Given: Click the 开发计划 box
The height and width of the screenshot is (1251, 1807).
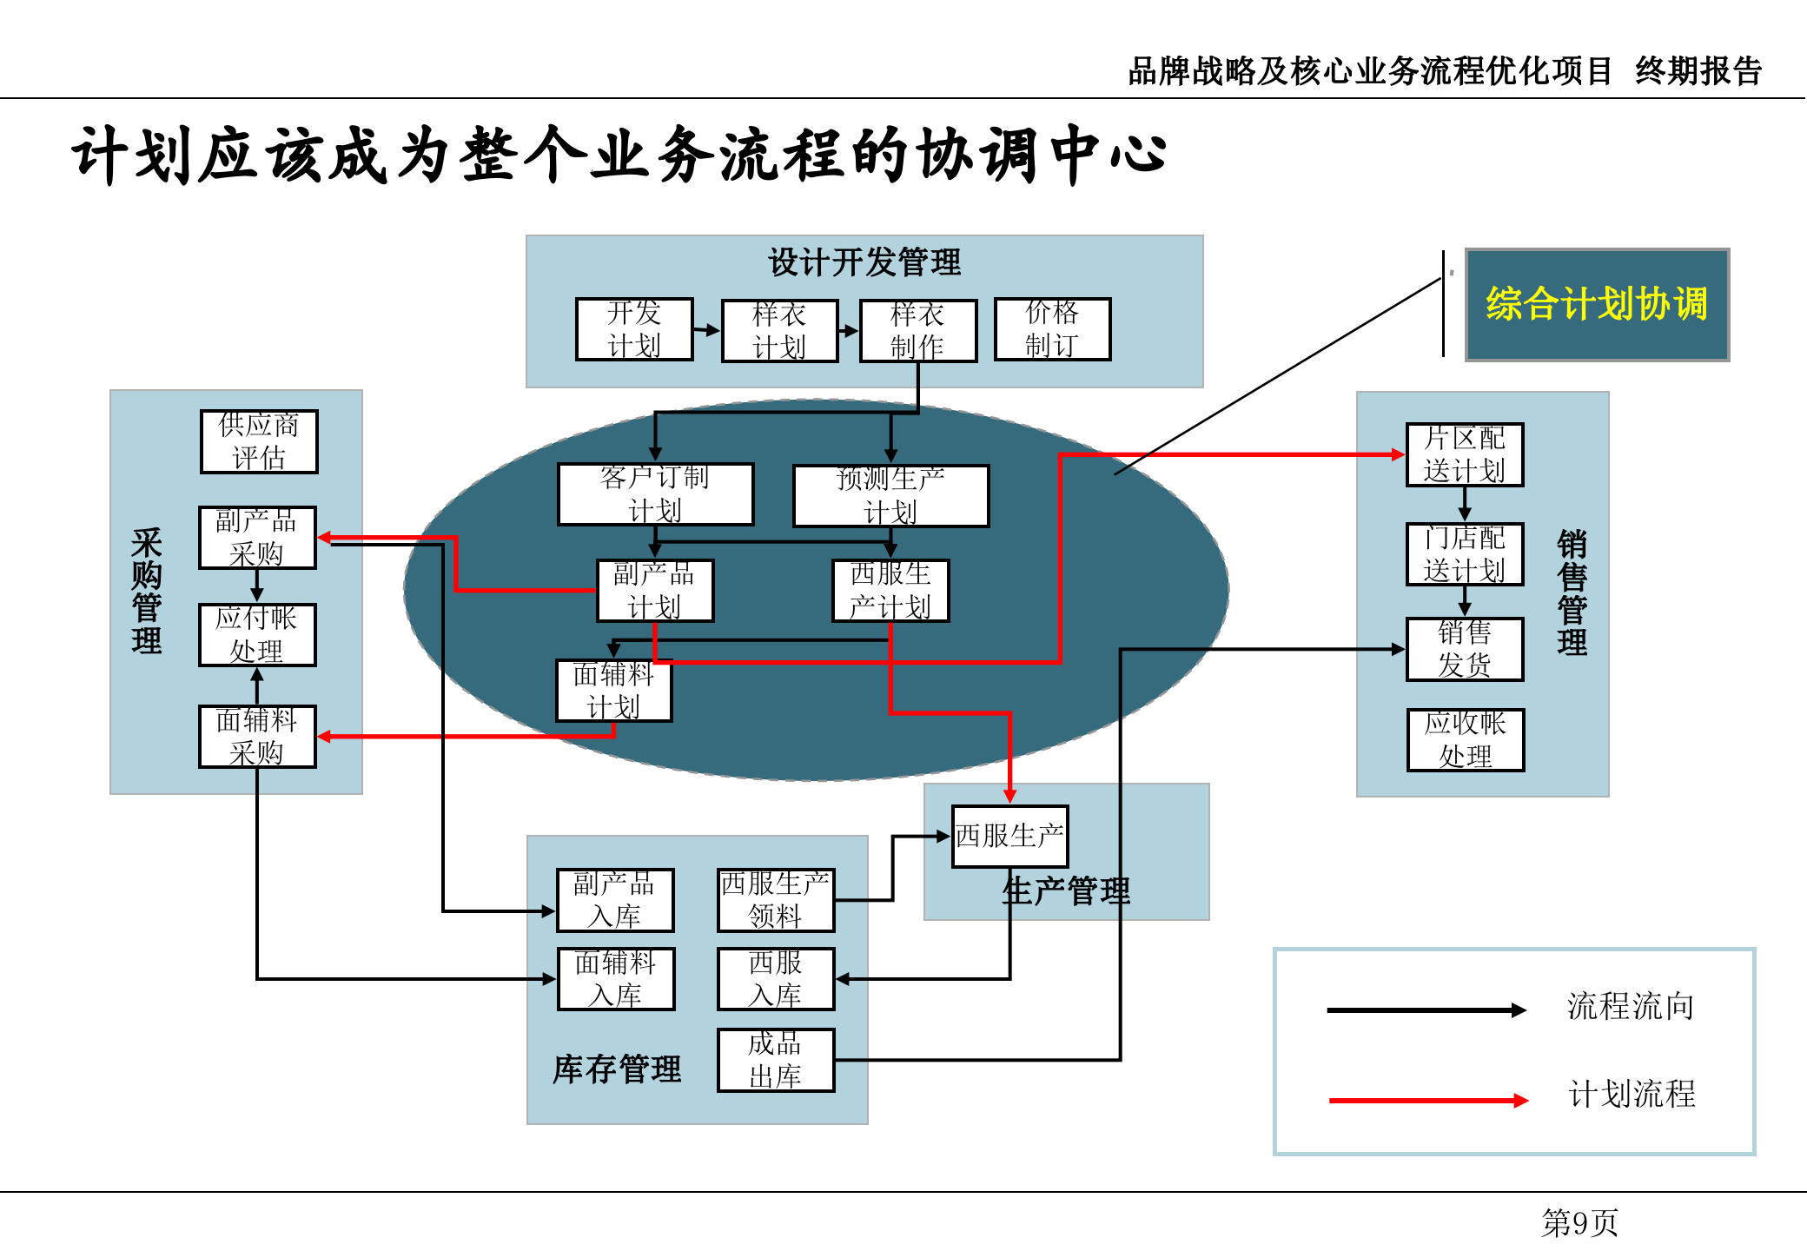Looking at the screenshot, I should click(x=634, y=329).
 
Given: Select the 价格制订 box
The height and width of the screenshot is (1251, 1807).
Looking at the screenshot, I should click(x=1052, y=329).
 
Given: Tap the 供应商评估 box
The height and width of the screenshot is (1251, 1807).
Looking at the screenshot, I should click(x=259, y=441).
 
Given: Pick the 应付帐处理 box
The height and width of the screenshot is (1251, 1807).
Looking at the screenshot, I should click(x=257, y=635).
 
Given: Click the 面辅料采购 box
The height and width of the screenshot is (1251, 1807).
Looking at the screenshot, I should click(x=257, y=737).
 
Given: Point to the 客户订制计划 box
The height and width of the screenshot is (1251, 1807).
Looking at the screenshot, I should click(x=655, y=494).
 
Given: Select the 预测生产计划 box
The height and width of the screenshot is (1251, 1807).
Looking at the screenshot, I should click(x=890, y=495).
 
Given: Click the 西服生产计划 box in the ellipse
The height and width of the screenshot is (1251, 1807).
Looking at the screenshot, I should click(x=890, y=591).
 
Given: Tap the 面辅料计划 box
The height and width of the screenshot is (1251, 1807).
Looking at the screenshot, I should click(x=613, y=691).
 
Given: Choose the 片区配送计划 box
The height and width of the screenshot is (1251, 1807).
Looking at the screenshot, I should click(x=1465, y=454).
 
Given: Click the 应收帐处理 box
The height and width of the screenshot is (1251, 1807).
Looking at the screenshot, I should click(x=1466, y=740).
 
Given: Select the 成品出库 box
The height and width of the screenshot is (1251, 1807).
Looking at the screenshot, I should click(x=776, y=1060).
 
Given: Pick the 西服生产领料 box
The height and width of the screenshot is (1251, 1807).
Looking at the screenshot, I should click(x=776, y=900).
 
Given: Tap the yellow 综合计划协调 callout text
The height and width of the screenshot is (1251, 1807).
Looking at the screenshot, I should click(x=1597, y=304).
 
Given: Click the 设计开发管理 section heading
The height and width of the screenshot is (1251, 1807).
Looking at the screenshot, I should click(x=864, y=262).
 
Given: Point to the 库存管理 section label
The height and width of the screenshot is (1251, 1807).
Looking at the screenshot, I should click(x=617, y=1069).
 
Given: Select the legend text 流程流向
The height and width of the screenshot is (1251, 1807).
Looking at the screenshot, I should click(x=1631, y=1007).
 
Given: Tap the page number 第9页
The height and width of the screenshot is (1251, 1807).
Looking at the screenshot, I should click(x=1579, y=1223).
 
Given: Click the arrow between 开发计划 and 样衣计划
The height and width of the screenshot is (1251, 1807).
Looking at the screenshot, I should click(x=707, y=330).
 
